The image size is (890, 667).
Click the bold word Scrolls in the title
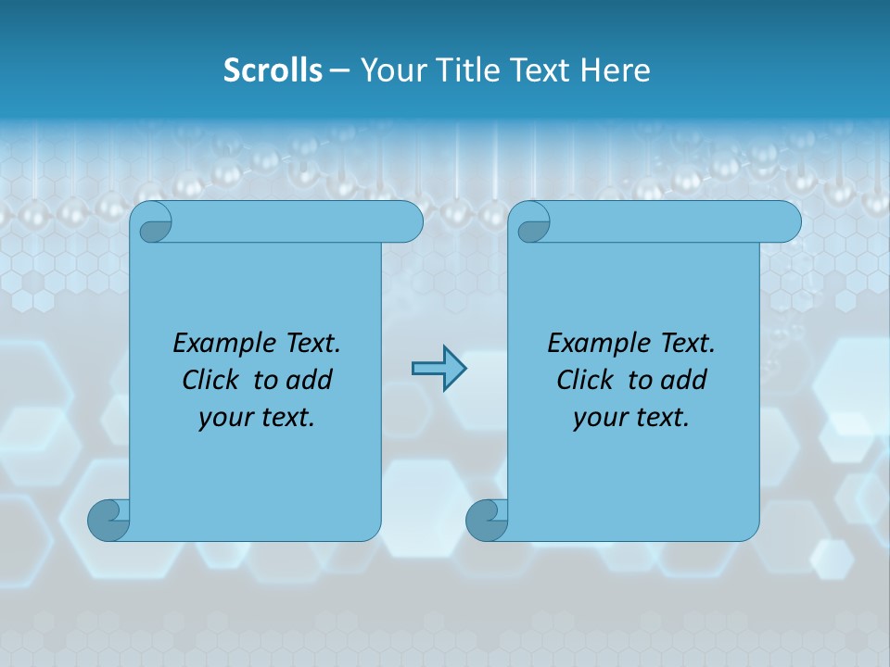pos(273,69)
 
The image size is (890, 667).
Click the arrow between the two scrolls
pos(439,369)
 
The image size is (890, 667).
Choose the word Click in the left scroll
pos(211,380)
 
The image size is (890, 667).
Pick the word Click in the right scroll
pos(586,380)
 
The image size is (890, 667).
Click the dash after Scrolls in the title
pos(339,69)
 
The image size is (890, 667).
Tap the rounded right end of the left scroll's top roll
pos(409,221)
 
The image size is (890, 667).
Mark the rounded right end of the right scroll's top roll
pos(787,221)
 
